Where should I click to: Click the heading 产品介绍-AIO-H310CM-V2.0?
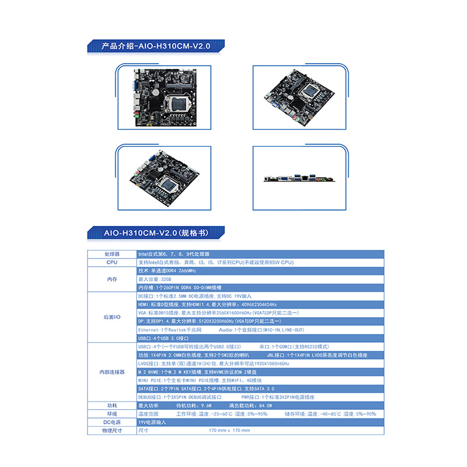click(x=155, y=46)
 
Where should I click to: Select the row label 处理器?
click(x=111, y=255)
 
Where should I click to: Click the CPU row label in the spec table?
click(x=111, y=263)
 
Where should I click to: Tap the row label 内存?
click(x=111, y=280)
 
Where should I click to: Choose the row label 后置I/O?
click(x=111, y=317)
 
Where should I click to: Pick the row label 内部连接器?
click(x=111, y=372)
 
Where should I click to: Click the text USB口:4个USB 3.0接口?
click(x=163, y=338)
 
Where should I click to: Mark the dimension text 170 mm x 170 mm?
click(x=229, y=430)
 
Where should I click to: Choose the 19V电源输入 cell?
click(x=152, y=422)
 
